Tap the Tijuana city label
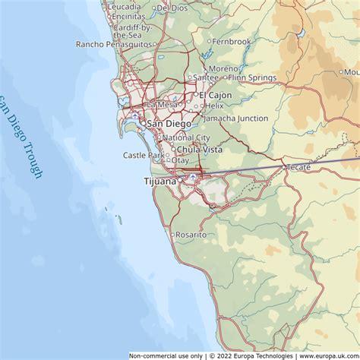click(159, 182)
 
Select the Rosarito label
click(191, 235)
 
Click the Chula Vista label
click(200, 150)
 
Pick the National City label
click(186, 137)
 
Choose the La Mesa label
click(162, 105)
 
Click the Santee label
click(207, 77)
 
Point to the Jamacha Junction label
click(235, 118)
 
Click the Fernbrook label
click(232, 41)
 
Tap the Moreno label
click(223, 68)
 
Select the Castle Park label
click(144, 155)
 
